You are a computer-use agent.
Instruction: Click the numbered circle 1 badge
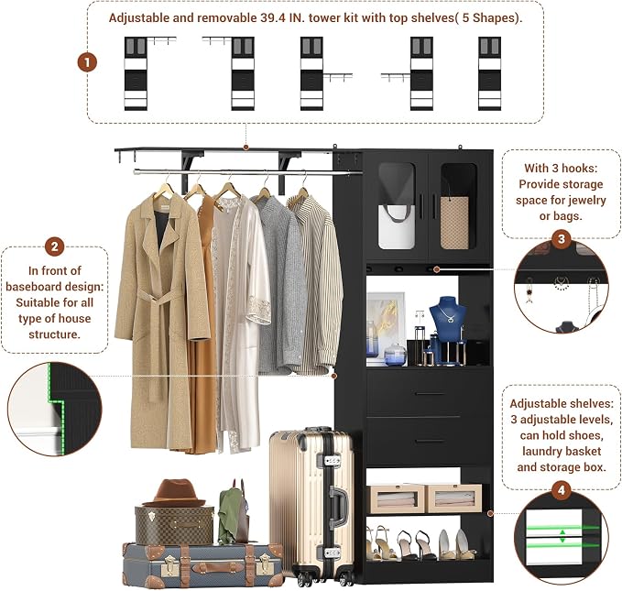87,62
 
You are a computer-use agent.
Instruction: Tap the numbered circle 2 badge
54,246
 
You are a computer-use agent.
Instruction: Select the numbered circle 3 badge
562,239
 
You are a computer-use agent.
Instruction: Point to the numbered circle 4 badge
562,490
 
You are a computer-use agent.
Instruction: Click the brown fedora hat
175,493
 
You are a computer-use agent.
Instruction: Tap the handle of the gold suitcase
338,505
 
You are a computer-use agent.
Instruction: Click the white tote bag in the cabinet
397,225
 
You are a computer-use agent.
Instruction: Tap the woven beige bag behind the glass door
454,222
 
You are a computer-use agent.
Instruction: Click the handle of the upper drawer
431,394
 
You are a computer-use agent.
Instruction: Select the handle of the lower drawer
431,441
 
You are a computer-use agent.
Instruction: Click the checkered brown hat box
175,525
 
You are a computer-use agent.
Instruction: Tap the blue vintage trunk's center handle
218,567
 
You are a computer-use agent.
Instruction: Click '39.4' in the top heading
273,17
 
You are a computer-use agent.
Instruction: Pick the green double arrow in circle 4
562,536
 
